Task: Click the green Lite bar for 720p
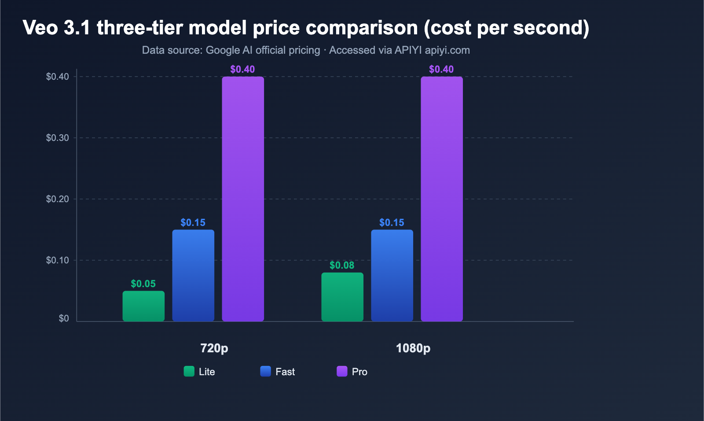click(143, 306)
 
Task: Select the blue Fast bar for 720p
click(193, 275)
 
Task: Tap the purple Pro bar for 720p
click(243, 199)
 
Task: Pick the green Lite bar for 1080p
click(342, 297)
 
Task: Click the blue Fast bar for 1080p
click(392, 275)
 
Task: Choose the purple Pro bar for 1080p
click(442, 199)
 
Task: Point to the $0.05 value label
click(143, 284)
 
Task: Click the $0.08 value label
click(342, 266)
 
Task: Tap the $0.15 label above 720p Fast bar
click(193, 223)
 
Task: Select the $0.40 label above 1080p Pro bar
click(441, 70)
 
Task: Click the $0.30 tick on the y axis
click(58, 138)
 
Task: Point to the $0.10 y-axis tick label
click(58, 260)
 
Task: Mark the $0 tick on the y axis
click(64, 318)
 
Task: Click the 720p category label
click(214, 348)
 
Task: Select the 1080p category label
click(413, 348)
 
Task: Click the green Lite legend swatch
click(189, 371)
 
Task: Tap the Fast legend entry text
click(285, 372)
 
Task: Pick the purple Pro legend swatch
click(342, 371)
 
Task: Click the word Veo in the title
click(40, 28)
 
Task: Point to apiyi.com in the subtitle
click(447, 50)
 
